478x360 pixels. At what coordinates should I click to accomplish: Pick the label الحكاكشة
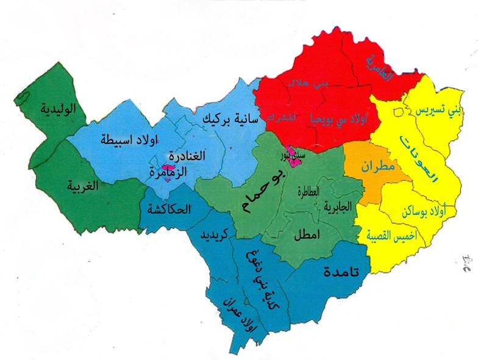[x=169, y=209]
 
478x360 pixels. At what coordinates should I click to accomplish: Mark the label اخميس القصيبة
[x=393, y=236]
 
